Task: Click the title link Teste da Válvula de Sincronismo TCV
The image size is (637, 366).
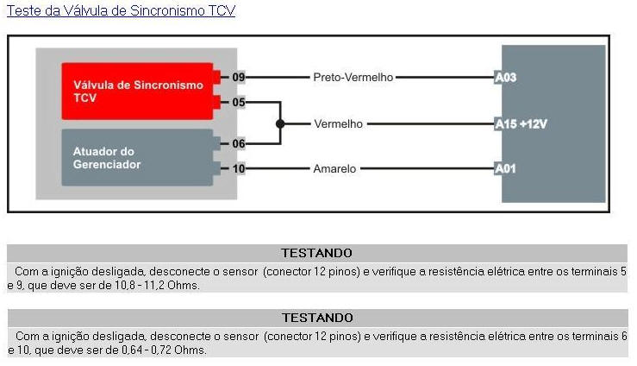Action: [x=121, y=11]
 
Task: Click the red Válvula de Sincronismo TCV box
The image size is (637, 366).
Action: [x=138, y=91]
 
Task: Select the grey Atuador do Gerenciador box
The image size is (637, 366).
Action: [x=138, y=157]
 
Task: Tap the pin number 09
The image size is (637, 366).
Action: [x=238, y=78]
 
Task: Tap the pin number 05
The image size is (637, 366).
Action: [x=238, y=102]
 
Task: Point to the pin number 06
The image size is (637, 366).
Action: [x=238, y=144]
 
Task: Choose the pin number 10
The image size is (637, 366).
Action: [x=238, y=168]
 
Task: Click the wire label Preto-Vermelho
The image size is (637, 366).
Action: [x=353, y=78]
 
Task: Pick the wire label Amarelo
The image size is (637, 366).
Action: [x=335, y=168]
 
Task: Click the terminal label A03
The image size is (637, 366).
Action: [x=505, y=78]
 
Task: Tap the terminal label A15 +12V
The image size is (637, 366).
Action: [x=521, y=123]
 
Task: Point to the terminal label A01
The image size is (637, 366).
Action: [x=505, y=168]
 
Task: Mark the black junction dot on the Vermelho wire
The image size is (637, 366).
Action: [x=279, y=123]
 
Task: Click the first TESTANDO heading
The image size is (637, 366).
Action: [x=317, y=253]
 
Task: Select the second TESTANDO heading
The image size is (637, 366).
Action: [x=317, y=318]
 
